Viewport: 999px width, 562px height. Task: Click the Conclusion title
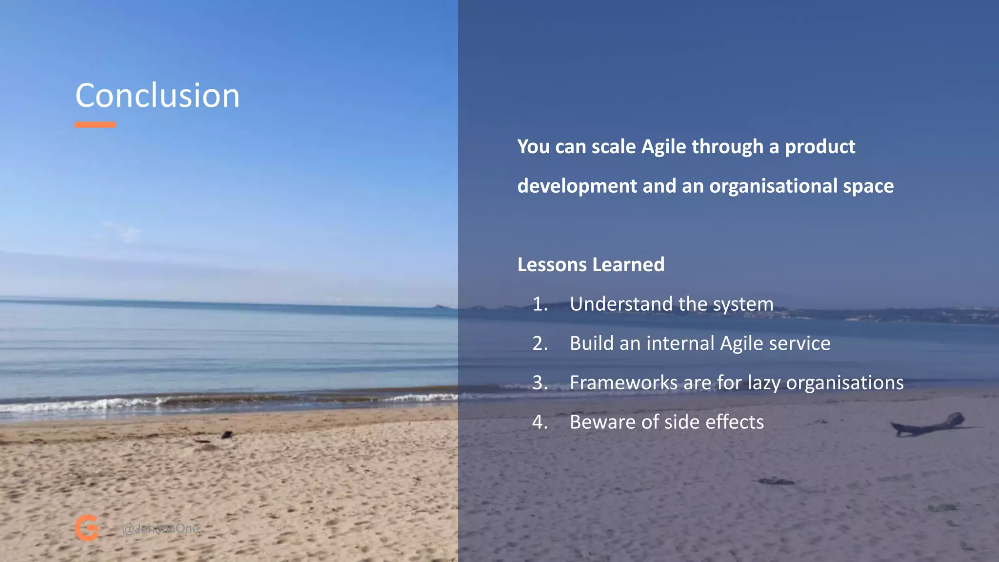pyautogui.click(x=157, y=96)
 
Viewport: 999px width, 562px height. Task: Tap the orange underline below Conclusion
pyautogui.click(x=95, y=125)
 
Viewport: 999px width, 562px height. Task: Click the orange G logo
pyautogui.click(x=87, y=528)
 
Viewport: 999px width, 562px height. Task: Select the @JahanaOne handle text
pyautogui.click(x=160, y=528)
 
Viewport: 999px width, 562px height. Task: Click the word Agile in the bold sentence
pyautogui.click(x=663, y=147)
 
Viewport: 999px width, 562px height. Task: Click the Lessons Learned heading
pyautogui.click(x=591, y=265)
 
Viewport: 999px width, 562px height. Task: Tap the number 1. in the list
pyautogui.click(x=540, y=304)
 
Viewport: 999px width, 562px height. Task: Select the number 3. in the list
pyautogui.click(x=540, y=383)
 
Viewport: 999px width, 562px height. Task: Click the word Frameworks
pyautogui.click(x=623, y=383)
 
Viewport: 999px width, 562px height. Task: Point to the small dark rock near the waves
pyautogui.click(x=227, y=434)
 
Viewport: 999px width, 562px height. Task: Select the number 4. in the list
pyautogui.click(x=540, y=422)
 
